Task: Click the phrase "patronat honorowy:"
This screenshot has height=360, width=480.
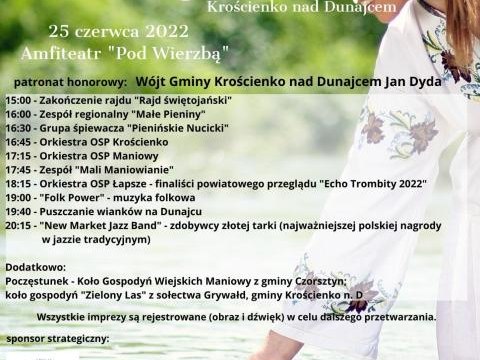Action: (71, 81)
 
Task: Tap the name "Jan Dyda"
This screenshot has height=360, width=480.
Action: (413, 81)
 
